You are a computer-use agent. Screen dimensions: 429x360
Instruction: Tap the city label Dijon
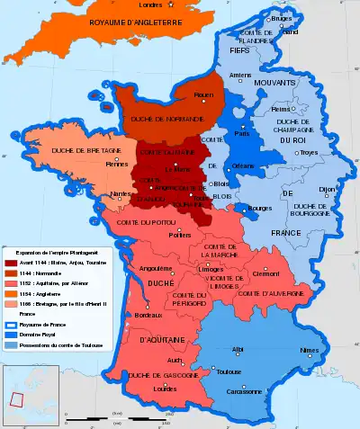point(326,189)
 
